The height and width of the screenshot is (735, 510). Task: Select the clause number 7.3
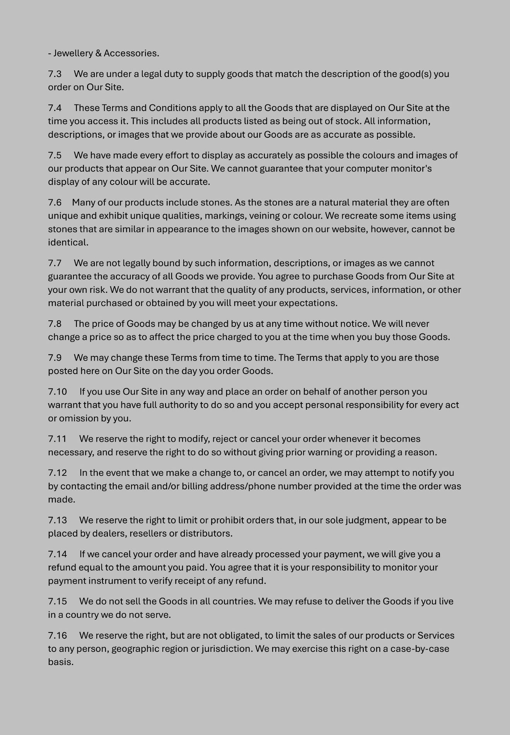click(55, 74)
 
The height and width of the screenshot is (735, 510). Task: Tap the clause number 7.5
click(55, 156)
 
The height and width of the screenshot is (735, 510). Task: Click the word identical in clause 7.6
click(68, 243)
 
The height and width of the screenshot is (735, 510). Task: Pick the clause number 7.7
click(55, 263)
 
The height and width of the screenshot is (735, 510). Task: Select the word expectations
click(308, 303)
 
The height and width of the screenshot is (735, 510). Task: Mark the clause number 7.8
click(55, 324)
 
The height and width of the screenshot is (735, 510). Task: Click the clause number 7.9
click(55, 358)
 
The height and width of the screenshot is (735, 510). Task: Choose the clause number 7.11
click(57, 439)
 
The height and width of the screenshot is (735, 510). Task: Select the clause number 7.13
click(57, 520)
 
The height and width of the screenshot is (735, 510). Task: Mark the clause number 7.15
click(57, 602)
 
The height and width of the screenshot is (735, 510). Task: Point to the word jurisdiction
click(227, 649)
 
